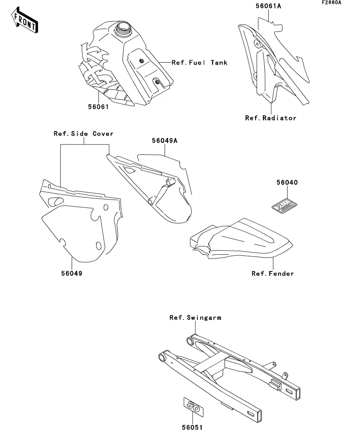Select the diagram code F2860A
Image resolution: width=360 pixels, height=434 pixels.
point(331,3)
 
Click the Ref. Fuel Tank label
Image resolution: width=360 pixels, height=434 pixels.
point(199,63)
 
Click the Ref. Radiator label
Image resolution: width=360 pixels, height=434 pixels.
point(271,118)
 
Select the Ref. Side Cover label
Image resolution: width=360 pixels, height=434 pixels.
point(84,134)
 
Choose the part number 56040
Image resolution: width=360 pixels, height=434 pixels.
point(287,183)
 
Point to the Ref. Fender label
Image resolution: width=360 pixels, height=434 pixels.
point(273,273)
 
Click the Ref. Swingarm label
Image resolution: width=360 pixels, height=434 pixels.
point(195,318)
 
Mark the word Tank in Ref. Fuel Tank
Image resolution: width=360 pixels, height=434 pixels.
point(219,63)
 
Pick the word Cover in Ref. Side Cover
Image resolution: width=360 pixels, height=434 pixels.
point(103,134)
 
